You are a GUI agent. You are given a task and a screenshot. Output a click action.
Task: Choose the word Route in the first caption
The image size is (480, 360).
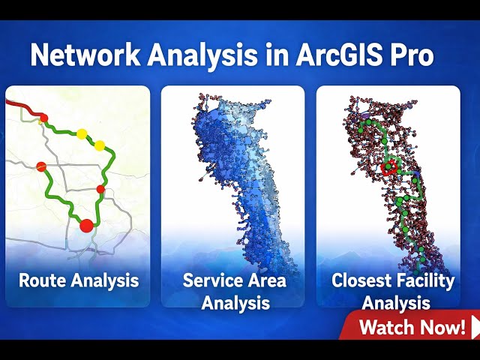[x=43, y=281]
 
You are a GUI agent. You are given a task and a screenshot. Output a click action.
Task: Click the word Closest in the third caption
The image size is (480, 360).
[x=362, y=281]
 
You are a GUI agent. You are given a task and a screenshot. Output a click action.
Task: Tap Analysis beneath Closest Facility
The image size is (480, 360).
[x=396, y=304]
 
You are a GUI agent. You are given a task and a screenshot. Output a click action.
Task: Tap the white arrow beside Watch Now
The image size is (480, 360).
[x=474, y=327]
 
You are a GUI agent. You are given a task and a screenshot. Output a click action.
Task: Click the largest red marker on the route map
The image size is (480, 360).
[x=86, y=223]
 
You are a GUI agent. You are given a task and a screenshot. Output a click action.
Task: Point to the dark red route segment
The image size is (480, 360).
[x=22, y=110]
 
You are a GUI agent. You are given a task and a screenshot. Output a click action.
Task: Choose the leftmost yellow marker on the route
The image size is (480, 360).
[x=81, y=134]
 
